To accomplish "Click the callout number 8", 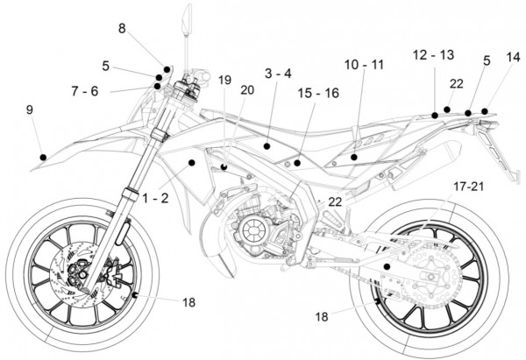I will point(123,29).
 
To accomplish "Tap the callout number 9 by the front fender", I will point(30,109).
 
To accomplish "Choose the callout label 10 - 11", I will point(364,66).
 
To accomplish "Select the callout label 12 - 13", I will point(433,55).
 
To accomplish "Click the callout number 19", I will point(224,80).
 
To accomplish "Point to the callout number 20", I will point(246,89).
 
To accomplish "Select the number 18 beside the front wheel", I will point(189,302).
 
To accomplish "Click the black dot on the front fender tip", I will point(42,156).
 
